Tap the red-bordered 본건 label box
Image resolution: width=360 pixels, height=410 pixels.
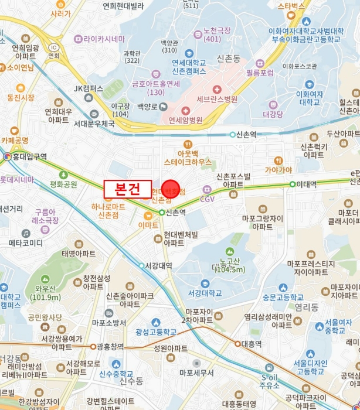tap(127, 189)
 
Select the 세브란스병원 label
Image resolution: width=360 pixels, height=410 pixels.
tap(218, 99)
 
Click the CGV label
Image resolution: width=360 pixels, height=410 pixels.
tap(208, 199)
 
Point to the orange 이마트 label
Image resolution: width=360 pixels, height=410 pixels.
tap(148, 224)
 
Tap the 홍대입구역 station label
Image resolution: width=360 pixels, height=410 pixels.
tap(25, 156)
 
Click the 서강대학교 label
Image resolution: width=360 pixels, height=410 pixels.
tap(205, 293)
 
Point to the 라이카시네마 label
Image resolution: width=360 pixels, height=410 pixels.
tap(104, 39)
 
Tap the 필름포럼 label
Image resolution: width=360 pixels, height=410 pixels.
tap(260, 73)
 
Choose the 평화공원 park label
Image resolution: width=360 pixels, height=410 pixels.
tap(63, 183)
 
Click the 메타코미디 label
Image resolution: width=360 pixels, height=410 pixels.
tap(26, 242)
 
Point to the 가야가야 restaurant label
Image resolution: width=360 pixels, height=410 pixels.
tap(279, 170)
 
